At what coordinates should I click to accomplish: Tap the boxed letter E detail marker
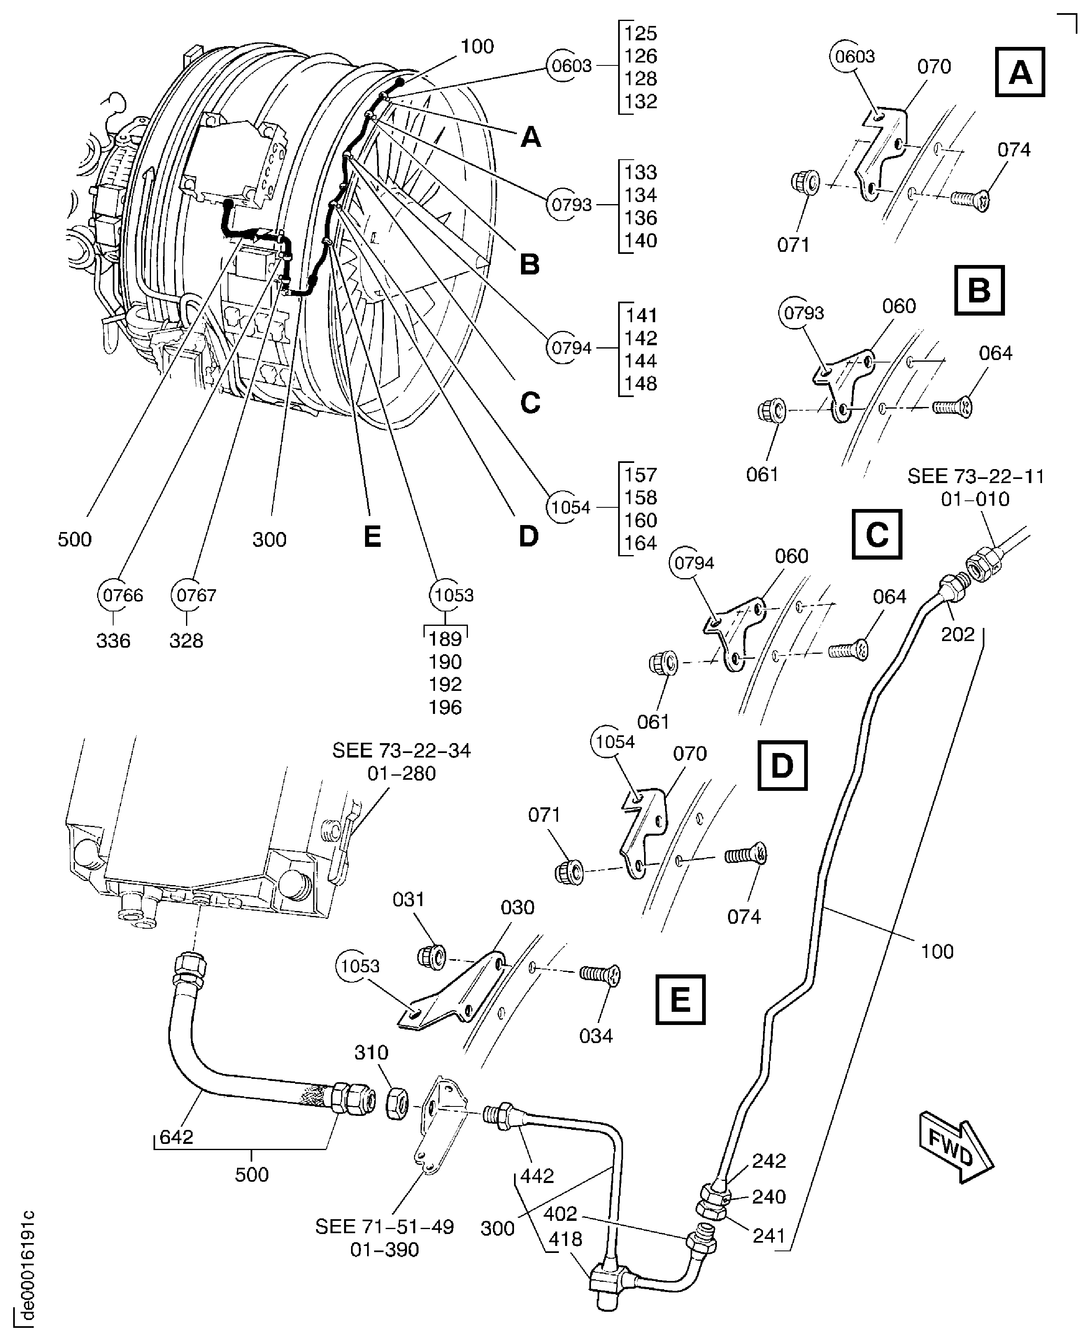pyautogui.click(x=680, y=999)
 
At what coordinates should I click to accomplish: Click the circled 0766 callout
pyautogui.click(x=123, y=595)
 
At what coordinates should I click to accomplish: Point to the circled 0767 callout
pyautogui.click(x=196, y=595)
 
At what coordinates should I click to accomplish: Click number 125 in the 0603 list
pyautogui.click(x=640, y=33)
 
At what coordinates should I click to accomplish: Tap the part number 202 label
pyautogui.click(x=957, y=634)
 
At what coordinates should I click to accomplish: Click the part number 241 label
pyautogui.click(x=769, y=1236)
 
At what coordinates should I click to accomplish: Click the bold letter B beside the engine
pyautogui.click(x=530, y=265)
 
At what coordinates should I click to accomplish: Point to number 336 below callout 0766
pyautogui.click(x=113, y=641)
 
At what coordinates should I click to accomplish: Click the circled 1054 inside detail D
pyautogui.click(x=614, y=742)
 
